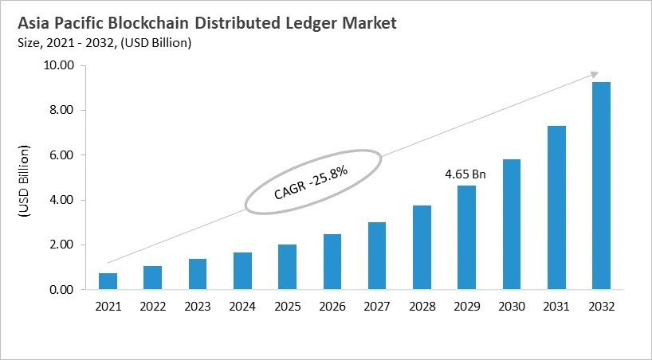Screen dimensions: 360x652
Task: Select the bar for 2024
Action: [x=242, y=271]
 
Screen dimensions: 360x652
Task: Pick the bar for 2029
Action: [x=466, y=237]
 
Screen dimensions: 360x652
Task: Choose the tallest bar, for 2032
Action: [x=601, y=186]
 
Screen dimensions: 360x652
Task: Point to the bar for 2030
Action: [x=511, y=225]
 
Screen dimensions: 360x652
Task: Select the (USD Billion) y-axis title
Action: [x=23, y=182]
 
